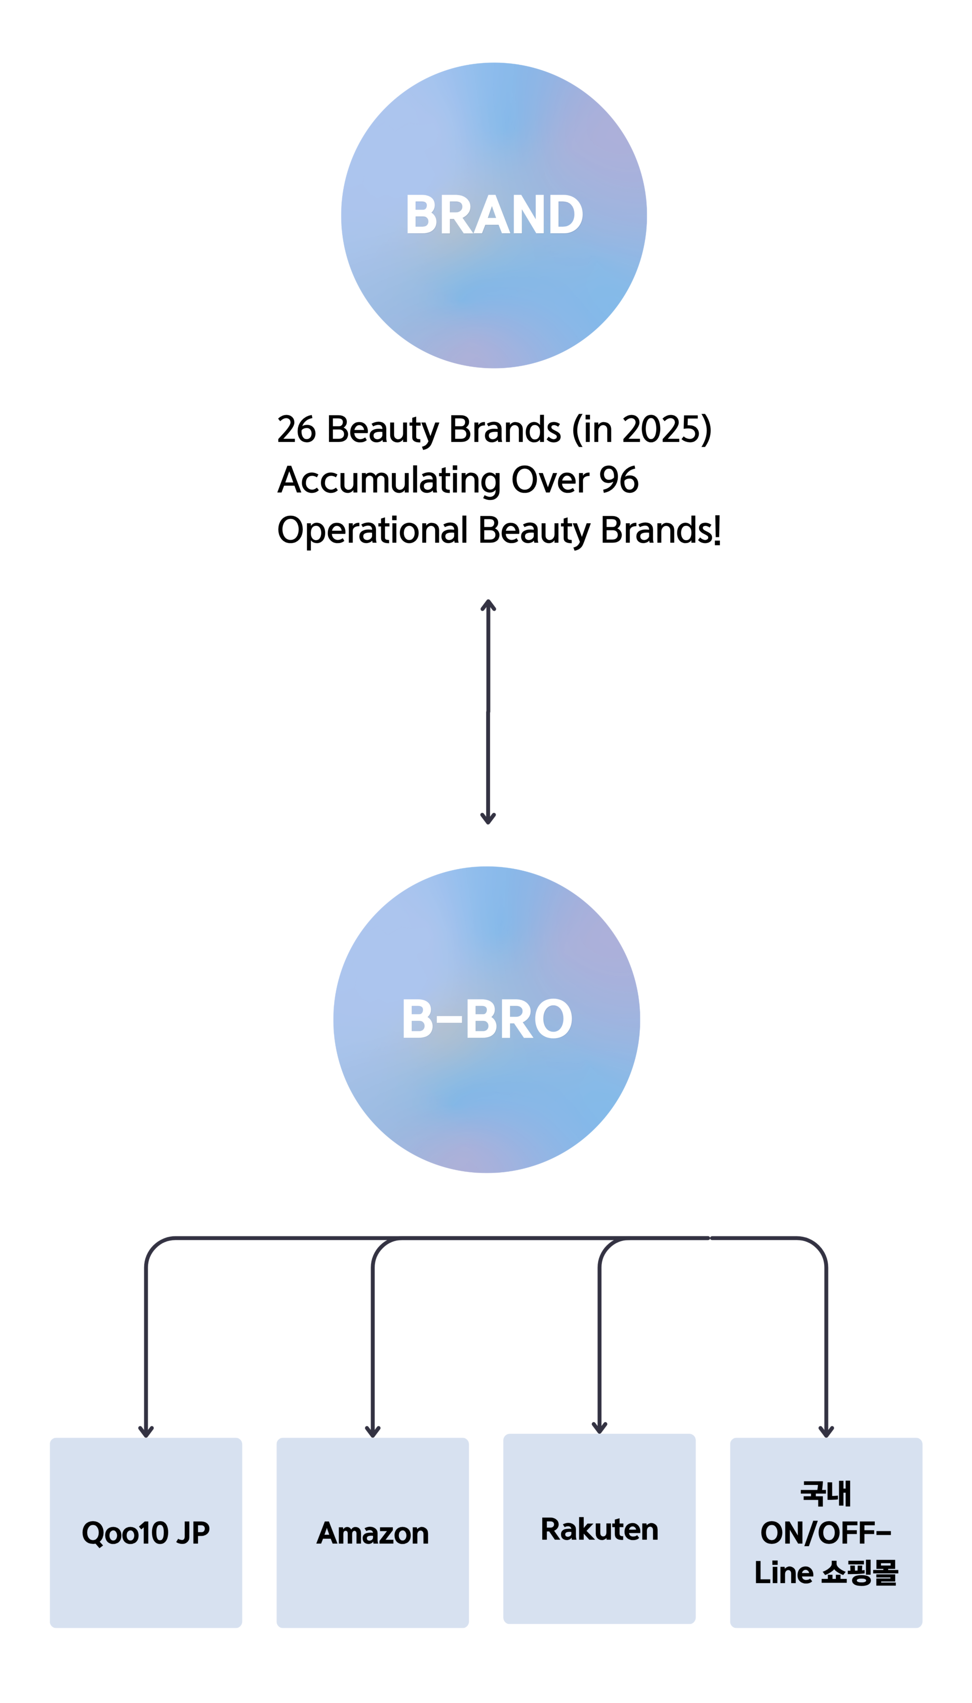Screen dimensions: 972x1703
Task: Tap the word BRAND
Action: click(x=494, y=215)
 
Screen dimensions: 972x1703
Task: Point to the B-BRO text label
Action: click(x=487, y=1019)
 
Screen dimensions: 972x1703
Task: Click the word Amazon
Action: click(x=373, y=1533)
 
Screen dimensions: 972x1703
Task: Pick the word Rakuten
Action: click(x=599, y=1529)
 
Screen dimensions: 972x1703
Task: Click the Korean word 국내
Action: click(x=826, y=1493)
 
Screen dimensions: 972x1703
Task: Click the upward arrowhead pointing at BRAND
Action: click(x=488, y=605)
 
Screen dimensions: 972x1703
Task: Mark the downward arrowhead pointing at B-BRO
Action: click(x=488, y=819)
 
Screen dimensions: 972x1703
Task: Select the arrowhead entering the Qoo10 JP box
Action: click(x=145, y=1431)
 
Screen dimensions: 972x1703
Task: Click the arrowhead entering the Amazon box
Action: click(x=373, y=1431)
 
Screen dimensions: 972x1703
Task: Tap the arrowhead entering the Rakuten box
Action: click(x=599, y=1427)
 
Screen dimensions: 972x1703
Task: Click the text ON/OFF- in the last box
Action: click(x=826, y=1533)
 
